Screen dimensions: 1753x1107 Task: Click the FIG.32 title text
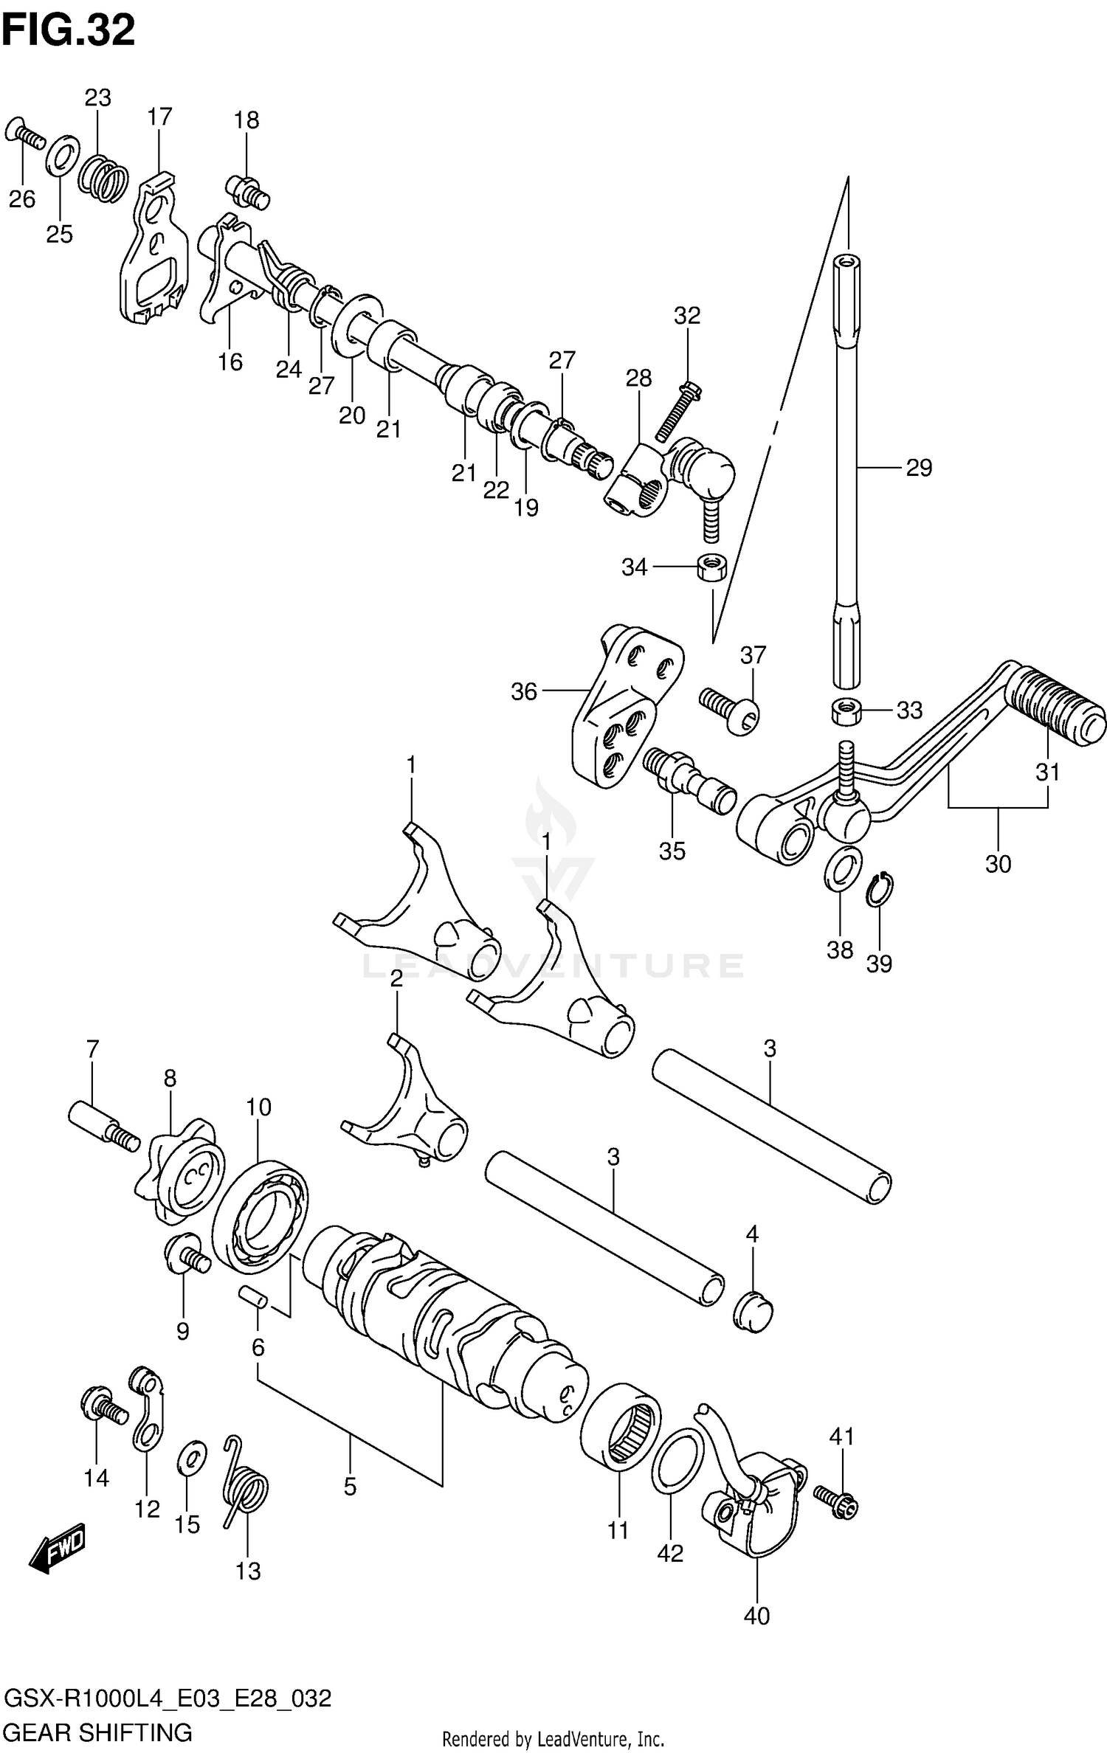pos(68,31)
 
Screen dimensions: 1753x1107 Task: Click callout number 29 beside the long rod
pos(919,467)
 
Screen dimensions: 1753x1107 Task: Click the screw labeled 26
pos(25,134)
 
